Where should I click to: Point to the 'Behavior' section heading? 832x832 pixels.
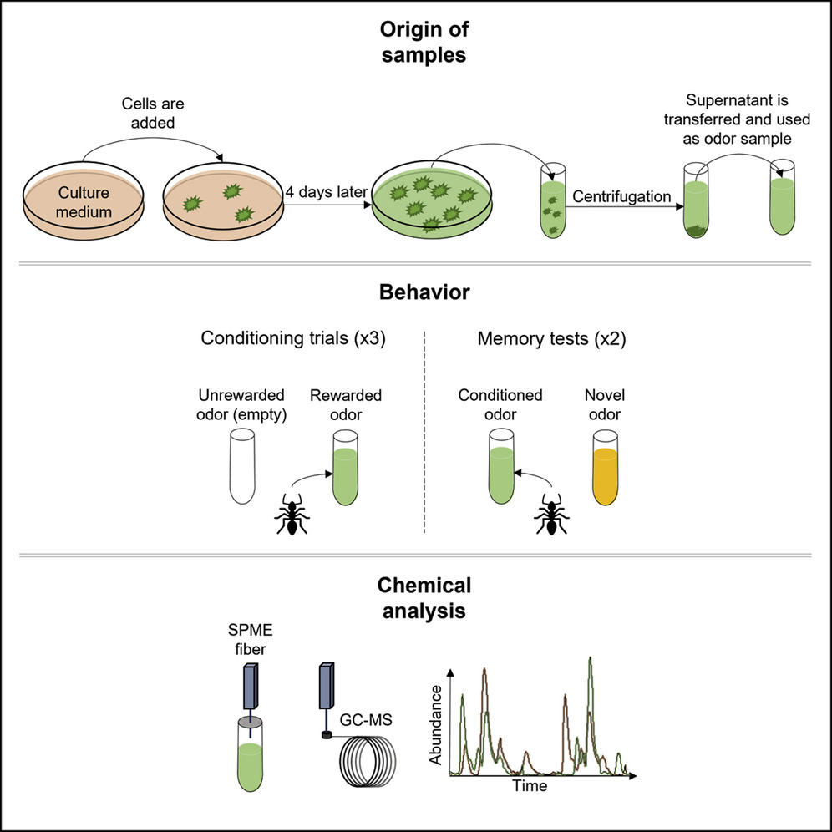[x=415, y=293]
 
